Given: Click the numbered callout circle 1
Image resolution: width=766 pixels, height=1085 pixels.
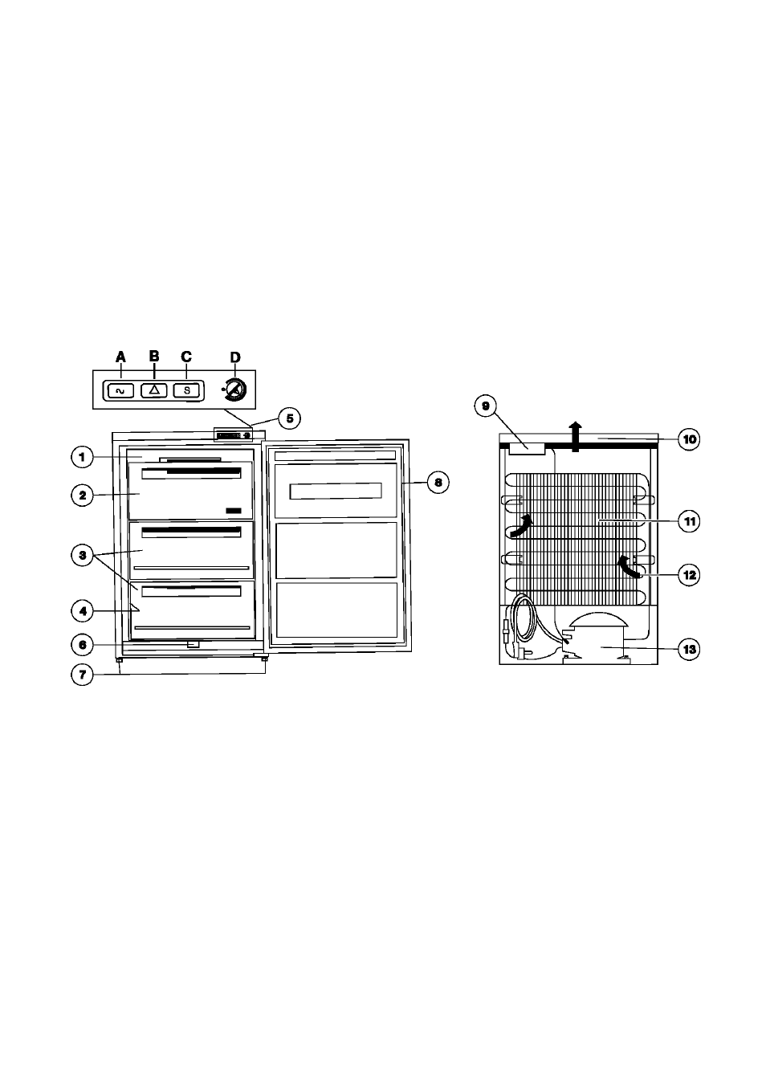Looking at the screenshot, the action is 82,457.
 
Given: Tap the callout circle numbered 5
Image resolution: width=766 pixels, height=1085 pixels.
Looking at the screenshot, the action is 290,418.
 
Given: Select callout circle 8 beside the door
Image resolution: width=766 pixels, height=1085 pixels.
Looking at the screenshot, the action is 438,483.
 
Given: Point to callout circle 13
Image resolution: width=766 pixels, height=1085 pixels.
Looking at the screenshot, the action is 689,649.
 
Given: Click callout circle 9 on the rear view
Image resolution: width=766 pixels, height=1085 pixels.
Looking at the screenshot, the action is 485,406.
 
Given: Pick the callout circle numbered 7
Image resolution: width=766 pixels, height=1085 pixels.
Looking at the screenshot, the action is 82,675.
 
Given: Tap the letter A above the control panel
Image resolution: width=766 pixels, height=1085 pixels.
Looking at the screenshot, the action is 120,357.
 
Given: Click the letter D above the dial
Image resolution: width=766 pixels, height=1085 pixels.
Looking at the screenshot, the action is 234,357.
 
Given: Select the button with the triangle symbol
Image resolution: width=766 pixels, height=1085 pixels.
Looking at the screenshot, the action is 154,390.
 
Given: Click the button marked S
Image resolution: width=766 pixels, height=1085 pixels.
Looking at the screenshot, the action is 187,390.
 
